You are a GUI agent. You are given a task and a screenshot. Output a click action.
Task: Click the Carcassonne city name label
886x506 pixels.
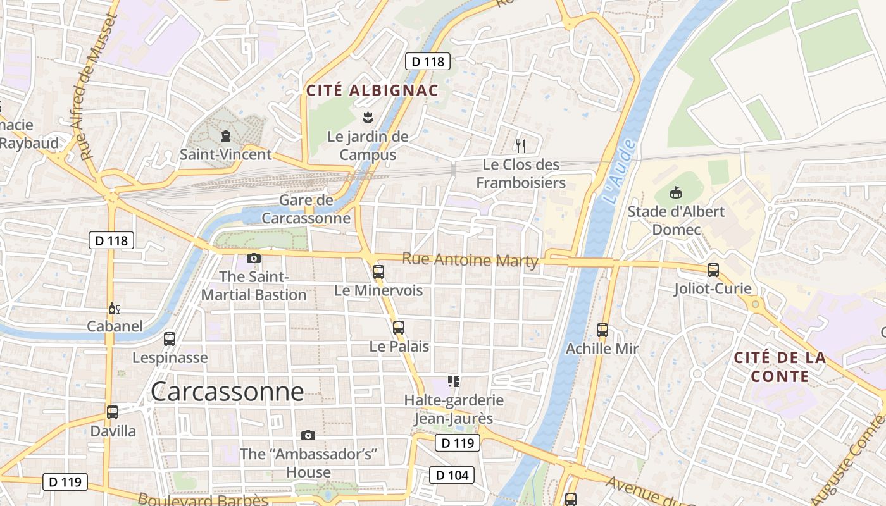click(x=227, y=392)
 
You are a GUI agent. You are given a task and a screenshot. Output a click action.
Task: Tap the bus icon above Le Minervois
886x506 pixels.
click(x=378, y=272)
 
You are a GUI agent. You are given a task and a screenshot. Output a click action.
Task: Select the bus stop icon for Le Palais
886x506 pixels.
click(x=398, y=328)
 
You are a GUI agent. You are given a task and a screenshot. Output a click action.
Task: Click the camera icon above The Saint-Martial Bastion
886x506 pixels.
click(x=254, y=258)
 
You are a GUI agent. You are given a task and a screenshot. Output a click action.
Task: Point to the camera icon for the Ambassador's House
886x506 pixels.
click(x=308, y=435)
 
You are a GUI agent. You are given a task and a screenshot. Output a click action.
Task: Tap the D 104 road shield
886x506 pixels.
click(x=452, y=474)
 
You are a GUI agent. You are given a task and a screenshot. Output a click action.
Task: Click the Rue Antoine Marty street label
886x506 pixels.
click(x=470, y=259)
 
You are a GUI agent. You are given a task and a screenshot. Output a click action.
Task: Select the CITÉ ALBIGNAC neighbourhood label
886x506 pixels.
click(x=372, y=90)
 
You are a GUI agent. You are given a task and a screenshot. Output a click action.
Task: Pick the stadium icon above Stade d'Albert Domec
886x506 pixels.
click(x=675, y=192)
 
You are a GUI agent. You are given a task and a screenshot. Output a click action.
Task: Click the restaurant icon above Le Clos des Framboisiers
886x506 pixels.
click(x=521, y=146)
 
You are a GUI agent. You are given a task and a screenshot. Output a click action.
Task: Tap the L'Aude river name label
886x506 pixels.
click(x=619, y=172)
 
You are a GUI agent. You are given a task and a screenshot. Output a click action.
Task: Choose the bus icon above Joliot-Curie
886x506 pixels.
click(x=713, y=270)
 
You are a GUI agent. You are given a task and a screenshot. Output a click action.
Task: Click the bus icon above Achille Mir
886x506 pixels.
click(x=602, y=330)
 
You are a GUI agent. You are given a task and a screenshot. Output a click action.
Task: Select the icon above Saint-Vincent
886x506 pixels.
click(x=225, y=136)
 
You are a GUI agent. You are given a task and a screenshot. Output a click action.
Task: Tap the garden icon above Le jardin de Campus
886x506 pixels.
click(x=367, y=117)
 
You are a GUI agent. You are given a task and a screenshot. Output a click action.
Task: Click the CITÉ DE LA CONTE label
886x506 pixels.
click(x=780, y=367)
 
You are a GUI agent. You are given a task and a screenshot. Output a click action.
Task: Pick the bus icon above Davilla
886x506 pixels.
click(x=113, y=412)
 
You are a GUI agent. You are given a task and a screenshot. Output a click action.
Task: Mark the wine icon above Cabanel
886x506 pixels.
click(x=114, y=309)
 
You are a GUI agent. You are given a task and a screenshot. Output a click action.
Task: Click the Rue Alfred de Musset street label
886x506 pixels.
click(x=95, y=86)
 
